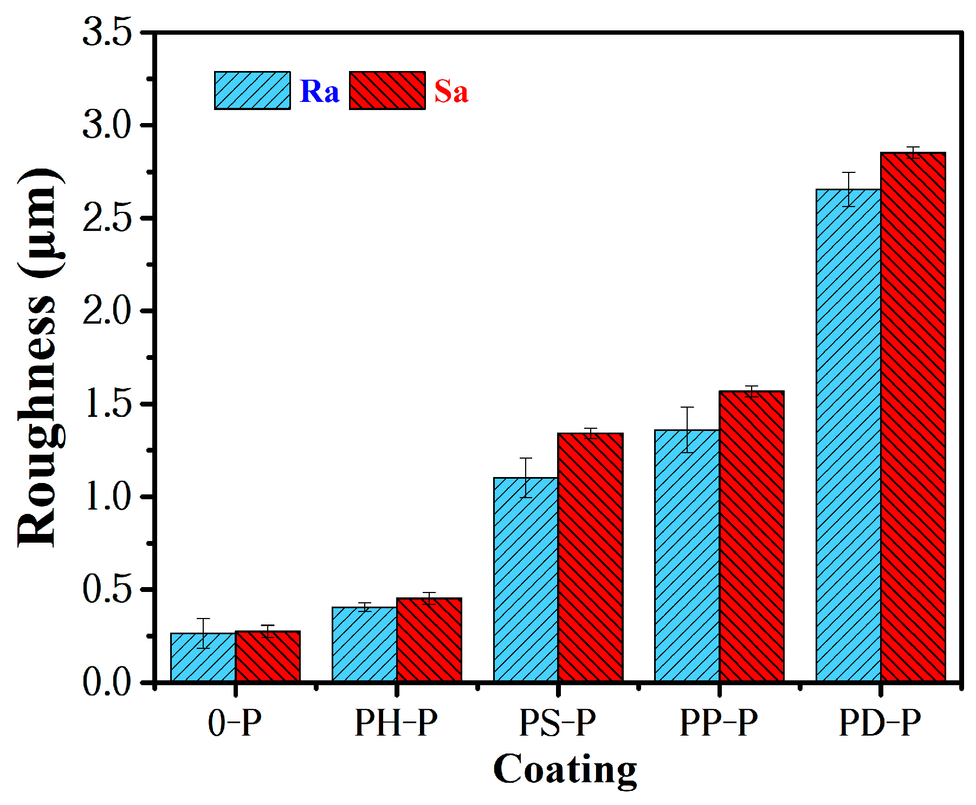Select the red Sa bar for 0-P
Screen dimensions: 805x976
(x=268, y=656)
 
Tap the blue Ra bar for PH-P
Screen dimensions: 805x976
(x=364, y=645)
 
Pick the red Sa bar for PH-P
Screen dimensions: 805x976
(x=429, y=640)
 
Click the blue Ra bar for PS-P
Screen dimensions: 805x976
(x=526, y=579)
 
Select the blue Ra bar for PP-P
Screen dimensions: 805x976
(x=687, y=556)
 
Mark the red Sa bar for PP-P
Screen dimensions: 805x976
(x=752, y=536)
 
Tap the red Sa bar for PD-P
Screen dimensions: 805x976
(x=913, y=417)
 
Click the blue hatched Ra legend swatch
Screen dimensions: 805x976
(x=252, y=91)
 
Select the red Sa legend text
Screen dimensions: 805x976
(x=451, y=91)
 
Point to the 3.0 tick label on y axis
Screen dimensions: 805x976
(x=107, y=125)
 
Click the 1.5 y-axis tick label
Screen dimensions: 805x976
(x=107, y=404)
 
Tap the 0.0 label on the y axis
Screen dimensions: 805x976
(x=107, y=682)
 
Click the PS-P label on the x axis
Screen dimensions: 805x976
(x=558, y=723)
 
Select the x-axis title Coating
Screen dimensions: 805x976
(x=565, y=769)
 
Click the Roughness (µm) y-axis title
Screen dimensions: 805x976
(x=39, y=358)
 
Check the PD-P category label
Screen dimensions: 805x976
(x=880, y=723)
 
